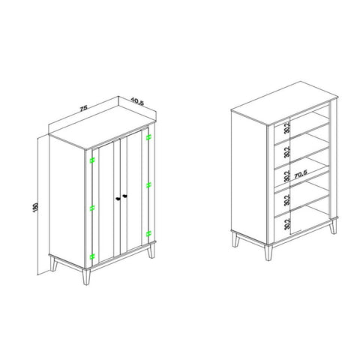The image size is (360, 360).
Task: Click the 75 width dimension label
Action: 83,109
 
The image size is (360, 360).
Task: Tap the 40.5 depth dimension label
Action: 137,101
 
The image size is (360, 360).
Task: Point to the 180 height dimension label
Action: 35,208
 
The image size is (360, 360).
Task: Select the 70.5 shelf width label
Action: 300,175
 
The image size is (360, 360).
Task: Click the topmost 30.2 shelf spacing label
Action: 287,128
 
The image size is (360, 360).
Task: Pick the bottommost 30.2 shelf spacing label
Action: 287,223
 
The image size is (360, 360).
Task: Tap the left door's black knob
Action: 118,199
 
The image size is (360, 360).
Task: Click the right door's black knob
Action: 124,196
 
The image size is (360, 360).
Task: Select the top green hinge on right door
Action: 148,136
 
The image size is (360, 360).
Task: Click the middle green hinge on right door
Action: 148,185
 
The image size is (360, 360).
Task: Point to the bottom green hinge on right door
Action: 148,234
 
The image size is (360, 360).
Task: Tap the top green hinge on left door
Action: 92,160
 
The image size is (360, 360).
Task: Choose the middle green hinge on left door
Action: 92,208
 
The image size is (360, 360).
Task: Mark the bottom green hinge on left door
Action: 92,256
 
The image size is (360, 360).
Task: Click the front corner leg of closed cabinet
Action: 86,277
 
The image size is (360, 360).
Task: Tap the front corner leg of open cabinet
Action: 268,253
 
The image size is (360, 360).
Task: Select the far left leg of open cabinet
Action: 235,239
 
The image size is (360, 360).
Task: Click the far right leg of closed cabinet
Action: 151,251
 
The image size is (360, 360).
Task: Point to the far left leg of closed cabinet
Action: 53,264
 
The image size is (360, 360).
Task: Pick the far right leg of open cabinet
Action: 333,227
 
